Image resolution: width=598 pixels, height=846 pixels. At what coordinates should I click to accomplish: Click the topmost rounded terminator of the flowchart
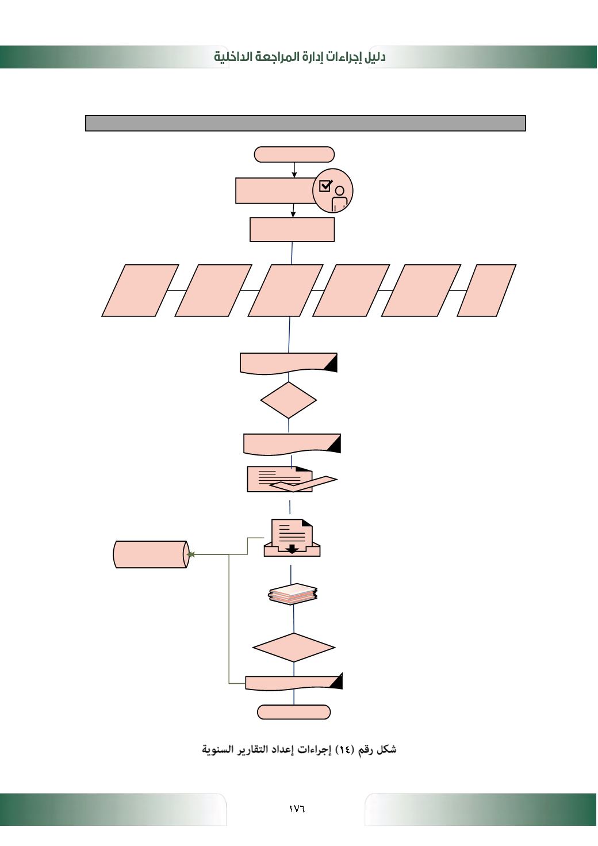coord(294,154)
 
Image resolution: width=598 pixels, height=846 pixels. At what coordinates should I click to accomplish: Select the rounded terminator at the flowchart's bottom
coord(294,712)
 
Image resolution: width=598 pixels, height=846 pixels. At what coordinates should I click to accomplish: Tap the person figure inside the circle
coord(339,197)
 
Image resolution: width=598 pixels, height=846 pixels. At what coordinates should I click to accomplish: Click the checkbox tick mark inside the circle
coord(325,186)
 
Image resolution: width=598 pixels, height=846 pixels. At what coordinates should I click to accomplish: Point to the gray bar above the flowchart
coord(305,123)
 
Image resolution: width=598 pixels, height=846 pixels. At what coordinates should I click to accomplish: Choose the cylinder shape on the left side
coord(151,554)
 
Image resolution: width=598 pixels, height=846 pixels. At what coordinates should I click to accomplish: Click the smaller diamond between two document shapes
coord(289,400)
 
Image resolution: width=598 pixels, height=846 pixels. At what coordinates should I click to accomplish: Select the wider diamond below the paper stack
coord(294,648)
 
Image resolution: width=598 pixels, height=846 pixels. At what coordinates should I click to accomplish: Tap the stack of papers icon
coord(293,594)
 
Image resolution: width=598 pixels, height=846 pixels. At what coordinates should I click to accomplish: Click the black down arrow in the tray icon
coord(292,548)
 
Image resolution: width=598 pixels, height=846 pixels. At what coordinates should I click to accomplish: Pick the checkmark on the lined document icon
coord(304,484)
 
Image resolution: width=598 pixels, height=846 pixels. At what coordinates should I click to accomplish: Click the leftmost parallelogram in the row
coord(140,290)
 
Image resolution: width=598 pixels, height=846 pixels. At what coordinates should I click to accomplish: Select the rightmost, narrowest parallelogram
coord(486,290)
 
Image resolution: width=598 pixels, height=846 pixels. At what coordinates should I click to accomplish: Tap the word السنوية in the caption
coord(217,750)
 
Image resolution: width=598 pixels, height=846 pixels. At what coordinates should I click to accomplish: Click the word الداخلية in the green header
coord(233,57)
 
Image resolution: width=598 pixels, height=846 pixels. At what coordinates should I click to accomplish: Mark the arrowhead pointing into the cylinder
coord(191,554)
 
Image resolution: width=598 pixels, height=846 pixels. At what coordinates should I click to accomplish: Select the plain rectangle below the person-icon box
coord(292,229)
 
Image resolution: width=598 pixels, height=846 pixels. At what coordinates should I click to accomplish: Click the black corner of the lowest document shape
coord(336,682)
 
